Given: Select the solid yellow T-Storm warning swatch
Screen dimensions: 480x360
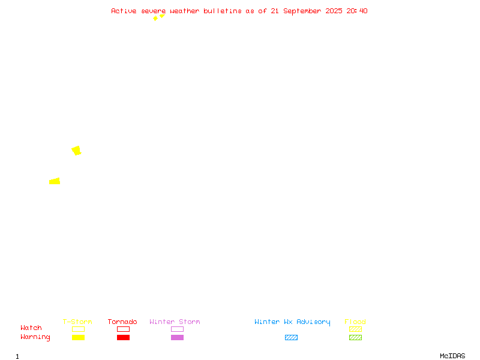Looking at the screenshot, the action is (79, 337).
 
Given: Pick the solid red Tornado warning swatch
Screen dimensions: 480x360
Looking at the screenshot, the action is (124, 337).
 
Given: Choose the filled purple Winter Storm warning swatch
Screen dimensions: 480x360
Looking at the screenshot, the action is (177, 337).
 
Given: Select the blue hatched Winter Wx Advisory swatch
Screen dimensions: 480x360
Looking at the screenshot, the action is (291, 337).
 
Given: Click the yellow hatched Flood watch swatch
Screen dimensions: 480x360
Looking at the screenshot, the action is (355, 329).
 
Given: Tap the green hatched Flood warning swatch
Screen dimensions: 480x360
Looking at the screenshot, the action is (355, 337).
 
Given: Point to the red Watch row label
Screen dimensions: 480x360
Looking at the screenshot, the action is (31, 328).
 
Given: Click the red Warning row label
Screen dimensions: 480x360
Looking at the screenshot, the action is (35, 337).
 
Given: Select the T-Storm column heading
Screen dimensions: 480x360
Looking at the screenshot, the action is (77, 322).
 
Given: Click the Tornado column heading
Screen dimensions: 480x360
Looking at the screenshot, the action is (122, 322).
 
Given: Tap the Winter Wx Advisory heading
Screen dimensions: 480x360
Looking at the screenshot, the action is (292, 322).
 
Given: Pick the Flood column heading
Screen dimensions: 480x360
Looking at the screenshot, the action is (355, 322).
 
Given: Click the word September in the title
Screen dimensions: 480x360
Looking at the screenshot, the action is (302, 11).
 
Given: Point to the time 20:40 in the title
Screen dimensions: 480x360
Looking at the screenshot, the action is (357, 11).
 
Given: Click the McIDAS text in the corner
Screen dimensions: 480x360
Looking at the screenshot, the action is (452, 356).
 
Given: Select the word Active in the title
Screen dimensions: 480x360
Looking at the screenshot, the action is (124, 11).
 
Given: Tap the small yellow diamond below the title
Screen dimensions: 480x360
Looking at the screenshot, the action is (155, 19).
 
